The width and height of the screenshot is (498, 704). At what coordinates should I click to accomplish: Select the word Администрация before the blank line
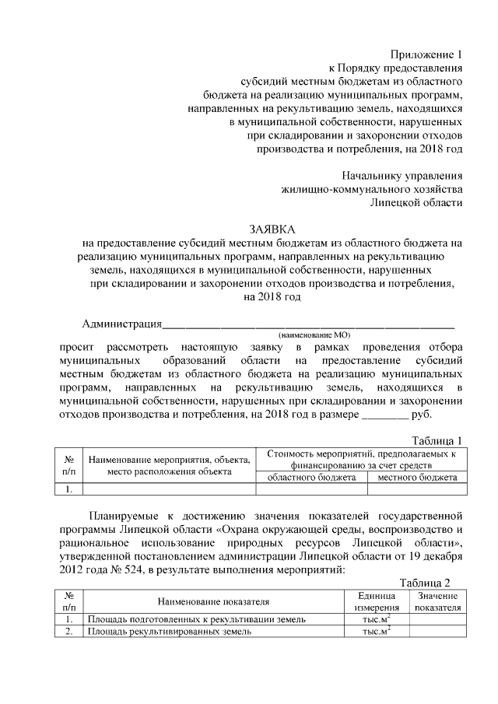(x=121, y=324)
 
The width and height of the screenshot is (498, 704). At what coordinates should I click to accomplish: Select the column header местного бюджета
(x=417, y=477)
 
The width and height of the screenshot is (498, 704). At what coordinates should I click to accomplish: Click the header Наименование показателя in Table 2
(x=213, y=601)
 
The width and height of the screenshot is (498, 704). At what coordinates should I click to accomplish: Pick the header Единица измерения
(x=376, y=601)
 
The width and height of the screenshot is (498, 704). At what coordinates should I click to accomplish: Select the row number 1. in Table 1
(x=68, y=489)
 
